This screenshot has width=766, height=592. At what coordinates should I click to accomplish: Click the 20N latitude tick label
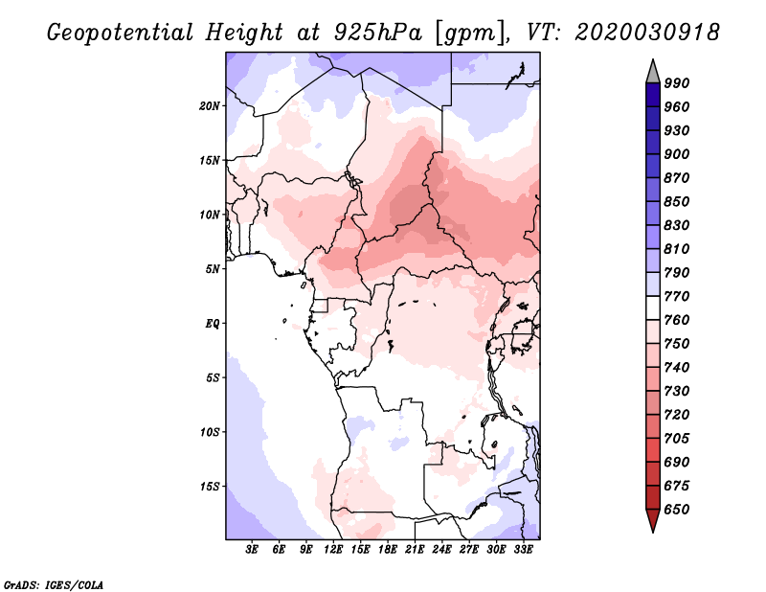[210, 106]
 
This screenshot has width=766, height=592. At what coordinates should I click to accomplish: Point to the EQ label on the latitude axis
[213, 324]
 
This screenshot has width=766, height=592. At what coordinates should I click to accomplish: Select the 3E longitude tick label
[252, 549]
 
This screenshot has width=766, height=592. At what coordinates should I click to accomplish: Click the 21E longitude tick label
[415, 549]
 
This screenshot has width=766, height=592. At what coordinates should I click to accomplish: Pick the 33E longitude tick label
[523, 549]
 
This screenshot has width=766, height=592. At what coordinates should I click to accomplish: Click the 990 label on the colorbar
[677, 83]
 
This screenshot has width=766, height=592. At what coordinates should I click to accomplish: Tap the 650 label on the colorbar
[677, 510]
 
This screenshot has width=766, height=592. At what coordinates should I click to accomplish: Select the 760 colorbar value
[677, 320]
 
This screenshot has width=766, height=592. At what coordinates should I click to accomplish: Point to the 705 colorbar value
[677, 438]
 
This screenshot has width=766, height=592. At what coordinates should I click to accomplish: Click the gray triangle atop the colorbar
[653, 72]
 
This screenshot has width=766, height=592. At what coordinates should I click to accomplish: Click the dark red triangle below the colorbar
[653, 520]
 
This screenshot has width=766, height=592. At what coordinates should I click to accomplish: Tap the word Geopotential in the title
[121, 33]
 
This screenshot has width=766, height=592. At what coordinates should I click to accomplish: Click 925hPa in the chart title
[377, 33]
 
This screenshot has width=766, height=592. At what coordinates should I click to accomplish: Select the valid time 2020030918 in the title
[647, 32]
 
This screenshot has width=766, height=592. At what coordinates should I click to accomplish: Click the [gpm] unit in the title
[469, 34]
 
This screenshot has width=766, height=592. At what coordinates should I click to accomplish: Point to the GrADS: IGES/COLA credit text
[54, 584]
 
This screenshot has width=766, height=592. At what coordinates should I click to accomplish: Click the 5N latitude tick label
[213, 269]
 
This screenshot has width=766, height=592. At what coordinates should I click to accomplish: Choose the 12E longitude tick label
[333, 549]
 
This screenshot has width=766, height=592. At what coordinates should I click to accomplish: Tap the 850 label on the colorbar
[677, 201]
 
